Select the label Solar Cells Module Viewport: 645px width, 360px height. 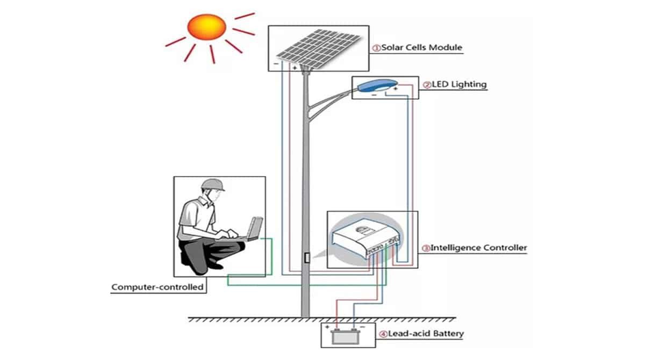[x=421, y=47]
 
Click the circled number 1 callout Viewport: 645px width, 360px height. [x=377, y=48]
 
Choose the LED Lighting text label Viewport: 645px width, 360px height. [x=458, y=84]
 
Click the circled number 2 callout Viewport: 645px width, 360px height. [x=427, y=85]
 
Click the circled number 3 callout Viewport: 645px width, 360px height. [x=426, y=248]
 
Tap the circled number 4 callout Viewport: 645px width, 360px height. [x=383, y=334]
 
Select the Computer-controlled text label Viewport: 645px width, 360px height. [x=157, y=287]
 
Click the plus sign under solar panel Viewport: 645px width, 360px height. [x=295, y=68]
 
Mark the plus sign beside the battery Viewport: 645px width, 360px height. [x=327, y=327]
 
